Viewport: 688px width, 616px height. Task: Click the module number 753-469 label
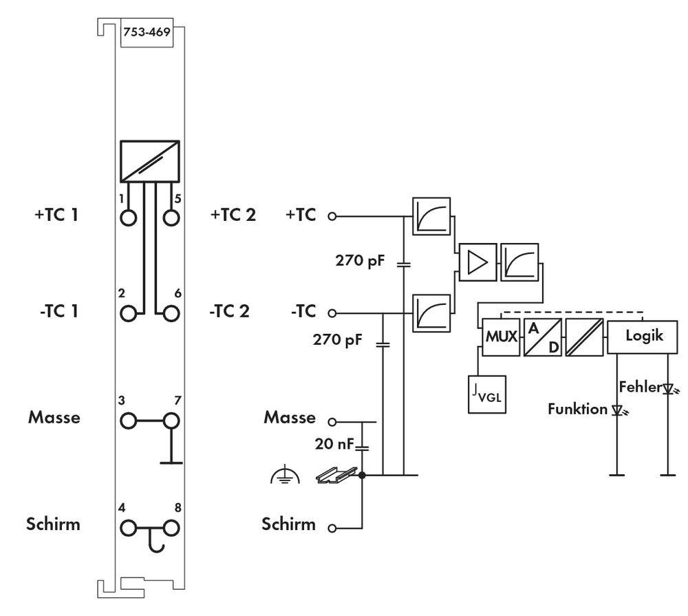(146, 32)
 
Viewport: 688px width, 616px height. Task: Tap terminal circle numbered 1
(129, 217)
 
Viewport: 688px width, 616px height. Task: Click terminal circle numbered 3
(129, 419)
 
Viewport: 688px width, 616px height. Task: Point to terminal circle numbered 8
(171, 528)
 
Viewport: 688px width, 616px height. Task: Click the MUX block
(501, 337)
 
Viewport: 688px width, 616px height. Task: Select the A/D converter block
(542, 337)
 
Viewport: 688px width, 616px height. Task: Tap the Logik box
(644, 337)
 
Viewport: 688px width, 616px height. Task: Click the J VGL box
(487, 395)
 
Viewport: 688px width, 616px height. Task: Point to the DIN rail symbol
(336, 474)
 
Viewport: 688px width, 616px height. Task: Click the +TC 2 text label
(233, 215)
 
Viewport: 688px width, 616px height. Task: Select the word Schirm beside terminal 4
(54, 524)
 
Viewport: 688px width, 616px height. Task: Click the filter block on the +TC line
(431, 215)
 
